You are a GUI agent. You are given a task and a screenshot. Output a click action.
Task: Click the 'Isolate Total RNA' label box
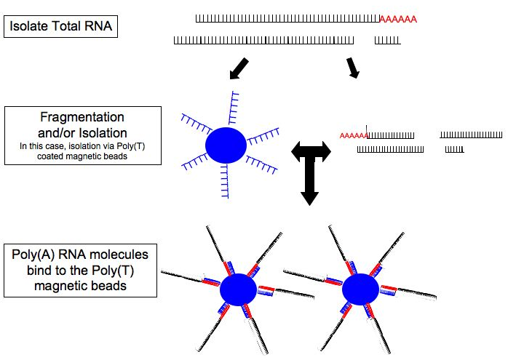tap(61, 28)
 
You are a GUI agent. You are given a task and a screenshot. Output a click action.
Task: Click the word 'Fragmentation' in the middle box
tap(82, 117)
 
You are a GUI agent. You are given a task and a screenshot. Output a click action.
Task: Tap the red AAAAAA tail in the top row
tap(398, 20)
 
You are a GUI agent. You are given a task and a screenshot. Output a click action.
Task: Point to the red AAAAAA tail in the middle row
tap(353, 135)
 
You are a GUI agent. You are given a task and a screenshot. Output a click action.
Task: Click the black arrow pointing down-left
tap(238, 69)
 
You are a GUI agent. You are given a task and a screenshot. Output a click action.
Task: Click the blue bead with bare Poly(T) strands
tap(226, 145)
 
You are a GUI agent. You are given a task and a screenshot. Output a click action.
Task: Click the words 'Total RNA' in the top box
tap(83, 28)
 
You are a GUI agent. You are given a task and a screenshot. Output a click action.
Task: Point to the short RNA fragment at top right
tap(386, 40)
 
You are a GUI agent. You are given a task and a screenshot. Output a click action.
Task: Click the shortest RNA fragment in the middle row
tap(455, 150)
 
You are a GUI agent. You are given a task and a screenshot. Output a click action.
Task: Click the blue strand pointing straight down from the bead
tap(226, 178)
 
